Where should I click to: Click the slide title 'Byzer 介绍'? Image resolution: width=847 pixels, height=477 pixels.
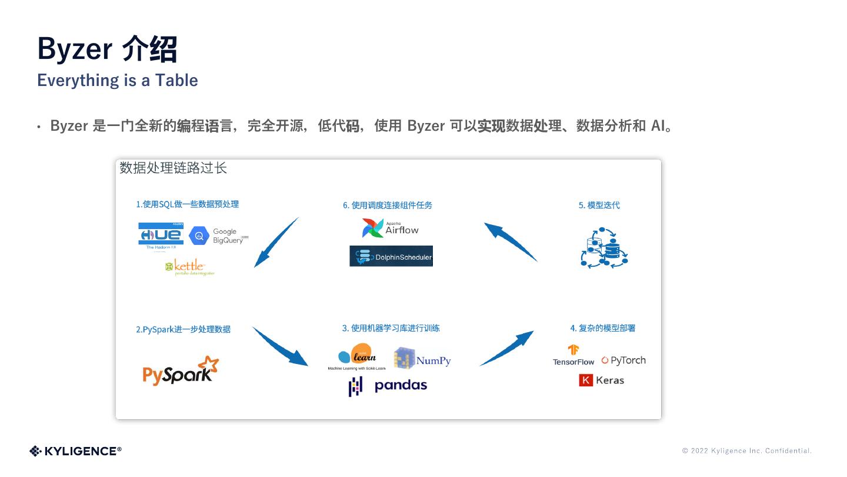click(x=107, y=49)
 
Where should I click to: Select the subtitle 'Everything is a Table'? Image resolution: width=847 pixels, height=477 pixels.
click(x=118, y=80)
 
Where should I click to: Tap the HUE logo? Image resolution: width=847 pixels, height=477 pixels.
click(x=161, y=235)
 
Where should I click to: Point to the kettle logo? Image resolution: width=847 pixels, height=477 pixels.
click(x=189, y=267)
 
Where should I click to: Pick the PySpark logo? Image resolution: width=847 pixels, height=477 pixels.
click(x=180, y=371)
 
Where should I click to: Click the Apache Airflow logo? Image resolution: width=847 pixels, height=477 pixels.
click(x=390, y=228)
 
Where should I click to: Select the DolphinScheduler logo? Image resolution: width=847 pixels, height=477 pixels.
click(x=391, y=256)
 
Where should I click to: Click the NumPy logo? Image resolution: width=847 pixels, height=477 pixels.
click(x=422, y=359)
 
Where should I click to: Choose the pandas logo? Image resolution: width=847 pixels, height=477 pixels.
click(x=388, y=386)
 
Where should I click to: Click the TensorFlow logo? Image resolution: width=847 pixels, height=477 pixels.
click(x=573, y=355)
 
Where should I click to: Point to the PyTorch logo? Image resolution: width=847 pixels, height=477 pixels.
click(x=623, y=360)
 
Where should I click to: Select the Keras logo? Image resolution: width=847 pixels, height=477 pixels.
click(x=601, y=380)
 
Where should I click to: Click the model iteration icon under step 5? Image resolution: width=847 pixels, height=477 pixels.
click(x=605, y=248)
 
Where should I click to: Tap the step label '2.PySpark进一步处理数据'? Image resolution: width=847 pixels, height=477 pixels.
click(x=183, y=329)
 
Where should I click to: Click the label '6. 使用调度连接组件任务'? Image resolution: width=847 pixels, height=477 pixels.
click(x=388, y=205)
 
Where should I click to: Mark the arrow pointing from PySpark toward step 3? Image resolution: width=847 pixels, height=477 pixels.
click(x=279, y=346)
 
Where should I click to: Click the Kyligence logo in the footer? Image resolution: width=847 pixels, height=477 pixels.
click(x=75, y=451)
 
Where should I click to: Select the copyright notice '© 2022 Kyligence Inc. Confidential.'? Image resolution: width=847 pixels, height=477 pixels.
click(x=746, y=451)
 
